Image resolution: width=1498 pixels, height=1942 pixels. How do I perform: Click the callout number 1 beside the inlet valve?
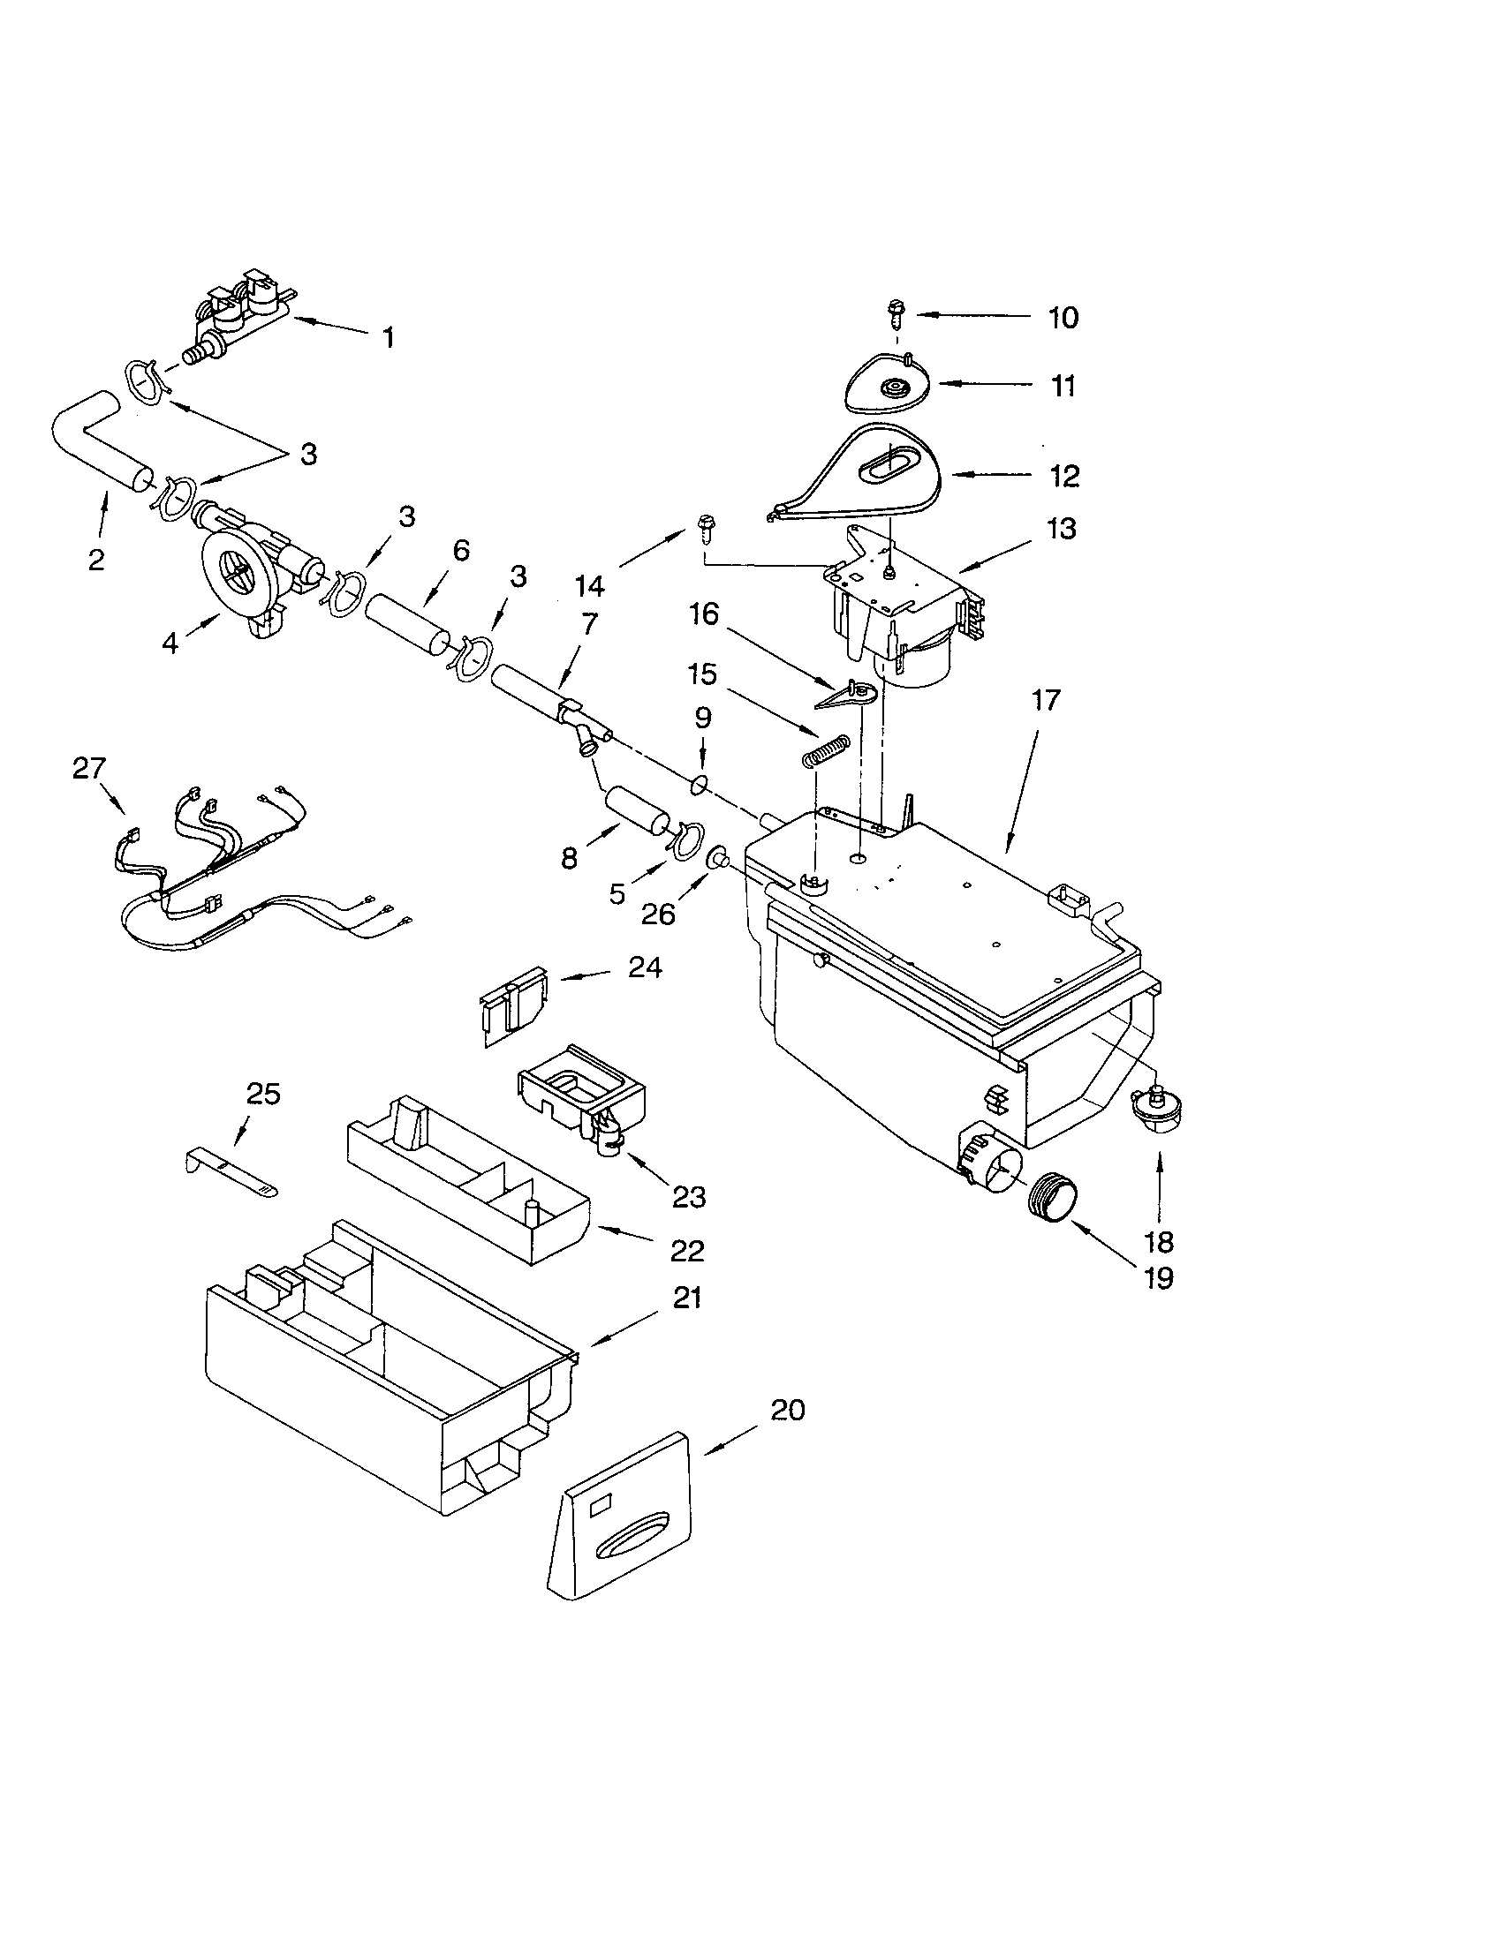(x=388, y=338)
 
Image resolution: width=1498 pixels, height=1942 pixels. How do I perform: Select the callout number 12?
(x=1064, y=476)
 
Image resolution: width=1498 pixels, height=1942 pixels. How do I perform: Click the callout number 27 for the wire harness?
(x=89, y=767)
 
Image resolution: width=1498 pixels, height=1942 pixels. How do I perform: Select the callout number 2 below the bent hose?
(x=96, y=560)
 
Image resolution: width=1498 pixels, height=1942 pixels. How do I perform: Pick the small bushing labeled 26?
(x=717, y=859)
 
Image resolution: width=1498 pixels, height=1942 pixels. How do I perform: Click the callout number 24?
(x=645, y=967)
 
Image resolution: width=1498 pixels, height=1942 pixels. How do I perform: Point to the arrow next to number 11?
(x=971, y=384)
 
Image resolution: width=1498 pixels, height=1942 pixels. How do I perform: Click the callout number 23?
(x=689, y=1197)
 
